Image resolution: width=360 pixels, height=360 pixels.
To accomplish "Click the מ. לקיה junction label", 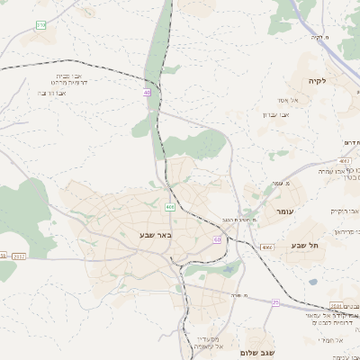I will point(320,37).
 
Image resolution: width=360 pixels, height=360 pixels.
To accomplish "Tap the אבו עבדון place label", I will point(274,114).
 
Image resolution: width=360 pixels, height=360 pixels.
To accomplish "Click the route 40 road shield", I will point(148,92).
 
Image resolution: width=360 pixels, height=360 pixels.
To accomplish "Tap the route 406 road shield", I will point(170,207).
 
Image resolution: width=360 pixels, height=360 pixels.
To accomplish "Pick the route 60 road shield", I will point(218,239).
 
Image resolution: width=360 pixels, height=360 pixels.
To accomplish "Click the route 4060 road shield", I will point(267,247).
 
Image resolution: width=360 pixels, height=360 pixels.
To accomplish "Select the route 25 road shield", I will point(275,302).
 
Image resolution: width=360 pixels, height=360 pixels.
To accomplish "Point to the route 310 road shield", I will point(41,25).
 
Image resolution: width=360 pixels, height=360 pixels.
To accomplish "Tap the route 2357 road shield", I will point(19,256).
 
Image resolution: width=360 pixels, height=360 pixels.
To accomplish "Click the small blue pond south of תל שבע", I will point(313,282).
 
